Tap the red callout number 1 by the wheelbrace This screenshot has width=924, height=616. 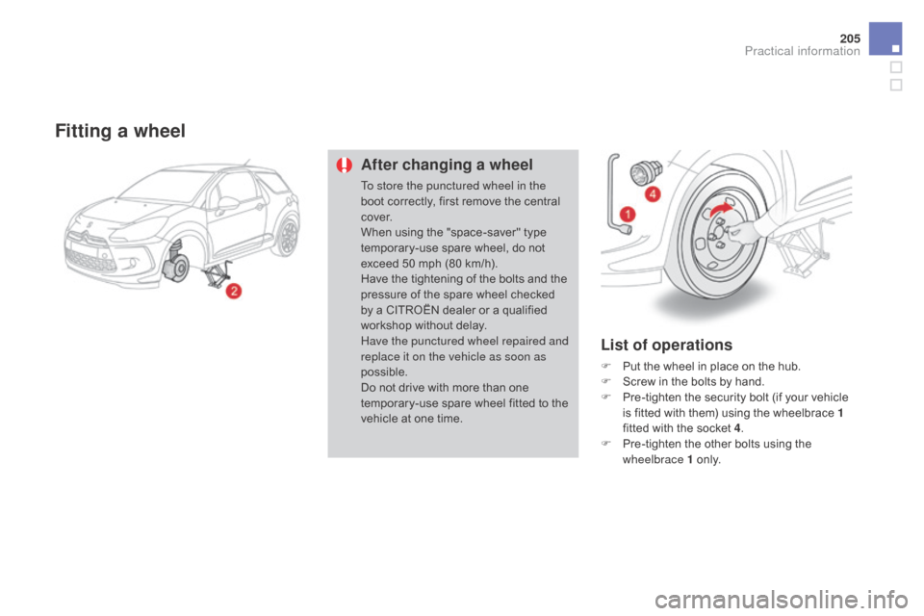pyautogui.click(x=628, y=213)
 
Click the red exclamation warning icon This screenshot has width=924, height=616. pyautogui.click(x=343, y=165)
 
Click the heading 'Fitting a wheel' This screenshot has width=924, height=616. pyautogui.click(x=120, y=131)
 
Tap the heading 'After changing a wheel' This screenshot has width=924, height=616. pyautogui.click(x=446, y=165)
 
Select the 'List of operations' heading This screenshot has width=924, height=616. pyautogui.click(x=665, y=345)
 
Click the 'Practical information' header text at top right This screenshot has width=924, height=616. pyautogui.click(x=802, y=51)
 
